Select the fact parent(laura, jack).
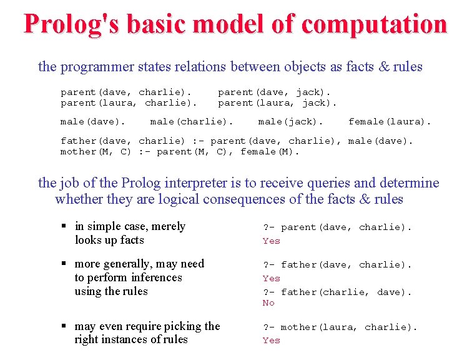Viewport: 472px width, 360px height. pyautogui.click(x=277, y=102)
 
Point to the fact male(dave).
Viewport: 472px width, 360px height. pyautogui.click(x=93, y=121)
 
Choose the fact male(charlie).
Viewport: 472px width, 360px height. pyautogui.click(x=192, y=121)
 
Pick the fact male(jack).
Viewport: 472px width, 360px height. pyautogui.click(x=291, y=121)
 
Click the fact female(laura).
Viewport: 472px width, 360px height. pyautogui.click(x=390, y=121)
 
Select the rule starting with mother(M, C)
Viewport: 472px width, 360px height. pyautogui.click(x=180, y=151)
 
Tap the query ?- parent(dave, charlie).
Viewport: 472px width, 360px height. pyautogui.click(x=337, y=227)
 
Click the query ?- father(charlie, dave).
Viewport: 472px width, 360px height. pyautogui.click(x=337, y=291)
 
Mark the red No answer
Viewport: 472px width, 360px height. pyautogui.click(x=268, y=303)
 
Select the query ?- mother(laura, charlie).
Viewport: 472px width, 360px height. pyautogui.click(x=340, y=327)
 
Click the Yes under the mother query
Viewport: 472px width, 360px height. pyautogui.click(x=272, y=341)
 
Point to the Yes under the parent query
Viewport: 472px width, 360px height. pyautogui.click(x=272, y=241)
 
